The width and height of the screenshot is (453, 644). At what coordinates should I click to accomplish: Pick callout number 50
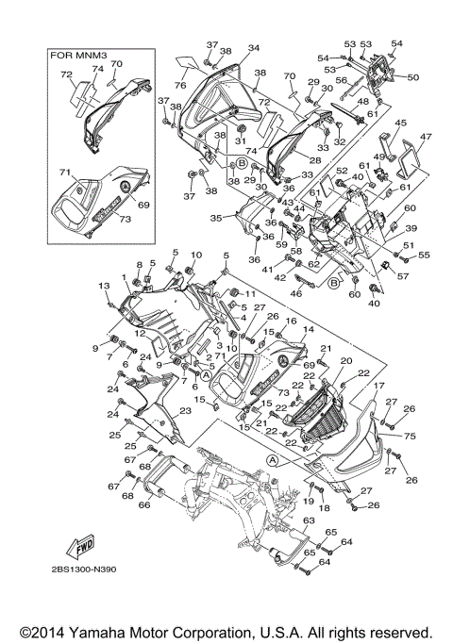pos(411,77)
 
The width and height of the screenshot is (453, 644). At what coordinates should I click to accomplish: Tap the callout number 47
pos(425,138)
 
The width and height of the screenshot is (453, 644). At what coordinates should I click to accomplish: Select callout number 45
pos(400,123)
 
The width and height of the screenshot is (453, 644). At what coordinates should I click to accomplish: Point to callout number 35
pos(215,218)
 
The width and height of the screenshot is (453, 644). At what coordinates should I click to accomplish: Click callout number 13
pos(104,286)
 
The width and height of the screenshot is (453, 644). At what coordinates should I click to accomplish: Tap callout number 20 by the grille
pos(345,362)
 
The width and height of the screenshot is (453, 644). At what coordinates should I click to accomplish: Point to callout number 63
pos(308,520)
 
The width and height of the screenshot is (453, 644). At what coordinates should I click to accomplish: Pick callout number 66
pos(144,504)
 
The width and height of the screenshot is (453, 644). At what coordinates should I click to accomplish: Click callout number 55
pos(424,256)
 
